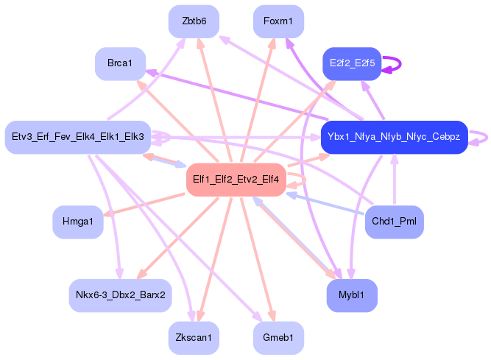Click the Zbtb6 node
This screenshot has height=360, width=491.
tap(194, 21)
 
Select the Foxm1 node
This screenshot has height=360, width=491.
tap(278, 21)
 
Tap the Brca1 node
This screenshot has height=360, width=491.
tap(120, 64)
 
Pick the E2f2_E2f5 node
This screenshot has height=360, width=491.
tap(353, 64)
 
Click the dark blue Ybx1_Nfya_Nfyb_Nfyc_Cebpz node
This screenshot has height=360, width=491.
tap(394, 137)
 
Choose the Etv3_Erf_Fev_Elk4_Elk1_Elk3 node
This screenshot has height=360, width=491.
tap(78, 137)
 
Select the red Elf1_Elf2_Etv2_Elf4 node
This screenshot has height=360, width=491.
tap(236, 180)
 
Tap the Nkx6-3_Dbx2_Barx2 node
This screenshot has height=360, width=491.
tap(120, 295)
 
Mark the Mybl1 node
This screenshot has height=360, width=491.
tap(353, 295)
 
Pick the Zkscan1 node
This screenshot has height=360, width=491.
tap(194, 338)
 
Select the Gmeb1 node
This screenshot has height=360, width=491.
tap(278, 338)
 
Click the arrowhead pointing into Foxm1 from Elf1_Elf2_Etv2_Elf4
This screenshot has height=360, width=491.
tap(273, 43)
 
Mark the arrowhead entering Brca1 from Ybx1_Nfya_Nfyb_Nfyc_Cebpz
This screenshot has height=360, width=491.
tap(150, 71)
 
